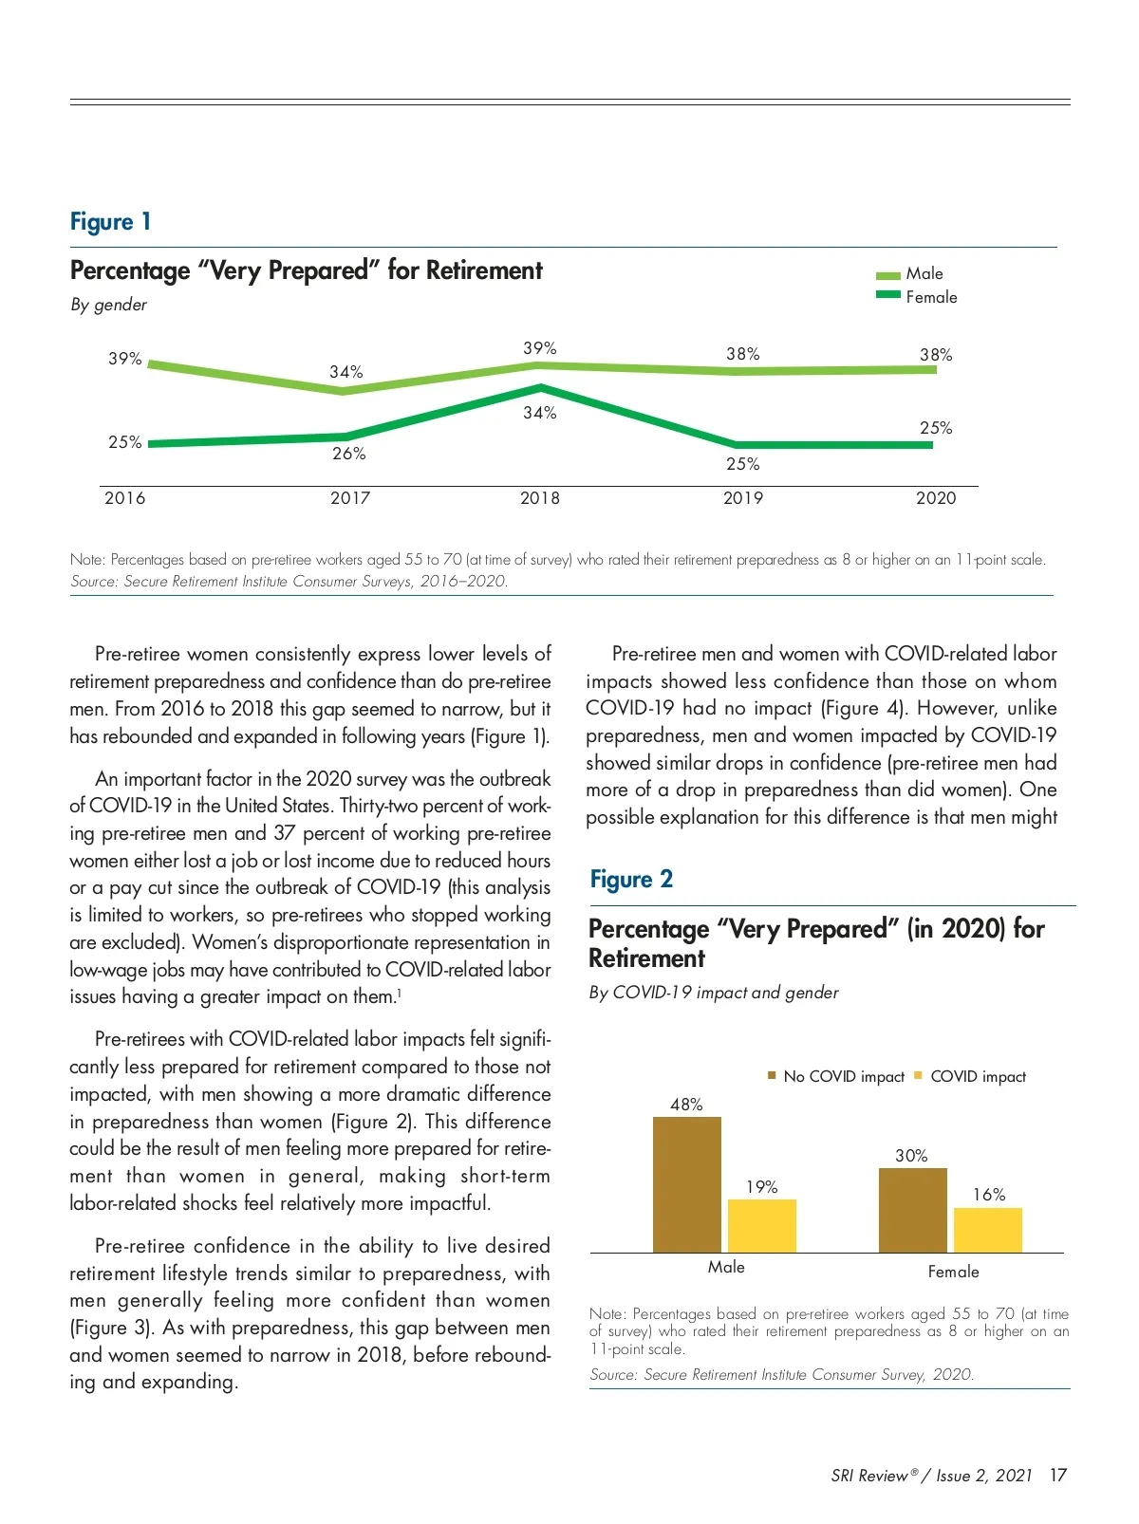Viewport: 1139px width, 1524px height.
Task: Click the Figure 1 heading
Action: [110, 222]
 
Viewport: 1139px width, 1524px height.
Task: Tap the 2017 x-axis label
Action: [349, 498]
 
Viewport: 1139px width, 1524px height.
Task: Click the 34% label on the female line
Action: [539, 413]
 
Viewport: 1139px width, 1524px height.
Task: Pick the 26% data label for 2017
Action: [348, 454]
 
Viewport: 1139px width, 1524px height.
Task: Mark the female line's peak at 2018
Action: [540, 387]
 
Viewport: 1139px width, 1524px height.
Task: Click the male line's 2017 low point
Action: [345, 390]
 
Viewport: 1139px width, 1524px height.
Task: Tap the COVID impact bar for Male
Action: [761, 1226]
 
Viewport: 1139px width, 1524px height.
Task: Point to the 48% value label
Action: [686, 1105]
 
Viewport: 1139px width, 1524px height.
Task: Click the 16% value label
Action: [988, 1195]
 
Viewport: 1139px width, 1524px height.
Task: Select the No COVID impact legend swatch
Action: [773, 1075]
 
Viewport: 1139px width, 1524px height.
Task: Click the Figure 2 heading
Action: [631, 880]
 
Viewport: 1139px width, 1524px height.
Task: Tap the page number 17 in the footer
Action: [1058, 1476]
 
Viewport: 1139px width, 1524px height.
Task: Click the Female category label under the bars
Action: [953, 1272]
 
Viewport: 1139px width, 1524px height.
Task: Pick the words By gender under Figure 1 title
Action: [108, 305]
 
